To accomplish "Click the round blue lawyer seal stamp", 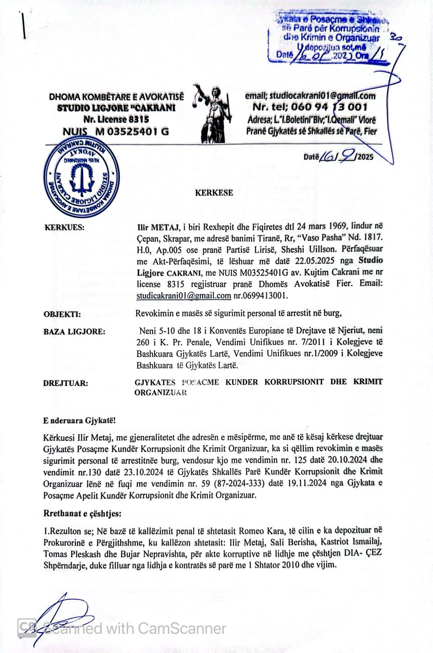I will (82, 178).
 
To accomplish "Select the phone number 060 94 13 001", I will (310, 107).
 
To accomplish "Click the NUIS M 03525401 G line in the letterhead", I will (115, 131).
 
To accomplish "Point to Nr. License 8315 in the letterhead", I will (116, 120).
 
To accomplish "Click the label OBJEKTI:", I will (62, 314).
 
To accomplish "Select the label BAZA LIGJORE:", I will (74, 332).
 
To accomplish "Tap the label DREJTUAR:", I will (65, 383).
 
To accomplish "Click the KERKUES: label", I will (64, 228).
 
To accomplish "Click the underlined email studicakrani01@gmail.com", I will (183, 295).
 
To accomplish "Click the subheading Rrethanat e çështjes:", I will (82, 514).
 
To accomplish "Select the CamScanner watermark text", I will (135, 628).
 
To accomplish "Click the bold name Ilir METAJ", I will (155, 226).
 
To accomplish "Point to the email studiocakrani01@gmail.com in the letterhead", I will (310, 96).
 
